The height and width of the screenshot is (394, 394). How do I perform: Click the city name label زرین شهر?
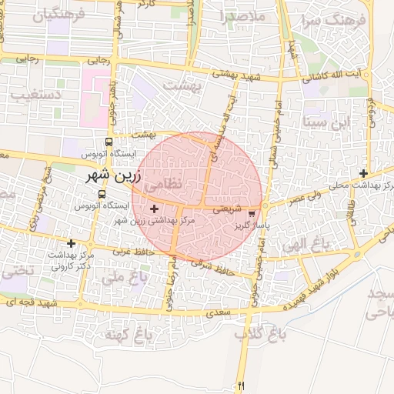pos(116,175)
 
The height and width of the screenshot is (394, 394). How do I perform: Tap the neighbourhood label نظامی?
pos(165,185)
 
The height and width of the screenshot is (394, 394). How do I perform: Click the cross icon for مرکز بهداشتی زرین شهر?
pos(154,209)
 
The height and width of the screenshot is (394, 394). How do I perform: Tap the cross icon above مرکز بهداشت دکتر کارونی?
pos(72,243)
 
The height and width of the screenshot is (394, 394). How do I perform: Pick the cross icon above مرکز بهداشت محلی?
pos(363,173)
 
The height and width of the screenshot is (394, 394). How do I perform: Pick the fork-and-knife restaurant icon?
pos(242,385)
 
